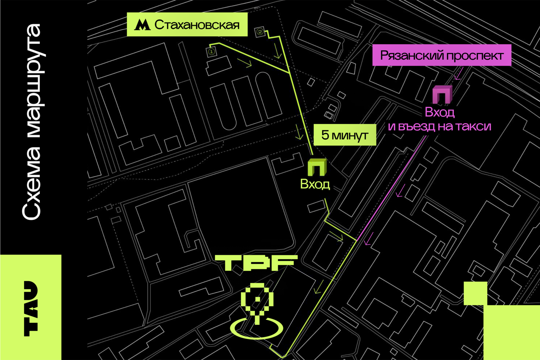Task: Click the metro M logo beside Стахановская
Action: click(142, 25)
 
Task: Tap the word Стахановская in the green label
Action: click(197, 24)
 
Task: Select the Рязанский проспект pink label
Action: click(442, 55)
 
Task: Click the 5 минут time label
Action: click(345, 135)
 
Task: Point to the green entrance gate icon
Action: click(317, 167)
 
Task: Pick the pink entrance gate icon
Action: click(442, 94)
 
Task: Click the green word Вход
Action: click(315, 184)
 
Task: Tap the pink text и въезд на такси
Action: click(439, 126)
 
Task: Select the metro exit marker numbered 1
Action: click(212, 52)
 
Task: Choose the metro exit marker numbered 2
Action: click(260, 32)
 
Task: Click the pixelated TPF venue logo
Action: click(256, 263)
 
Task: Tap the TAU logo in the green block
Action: click(31, 308)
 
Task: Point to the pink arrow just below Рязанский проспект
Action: click(458, 73)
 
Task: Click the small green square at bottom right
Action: click(475, 293)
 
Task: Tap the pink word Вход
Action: click(439, 112)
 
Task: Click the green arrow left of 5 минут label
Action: click(299, 132)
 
